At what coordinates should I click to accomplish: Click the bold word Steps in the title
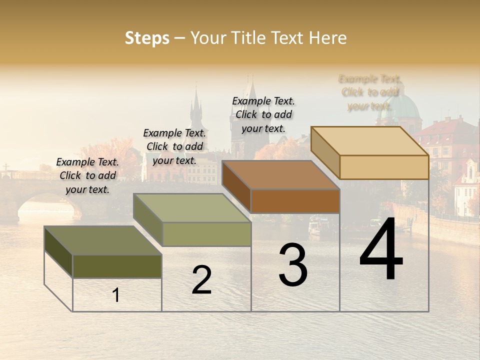147,38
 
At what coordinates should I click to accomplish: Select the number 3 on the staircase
293,265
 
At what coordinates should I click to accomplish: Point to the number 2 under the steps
201,280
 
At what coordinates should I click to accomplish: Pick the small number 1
116,295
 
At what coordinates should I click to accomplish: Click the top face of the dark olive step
103,240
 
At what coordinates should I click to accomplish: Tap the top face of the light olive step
192,208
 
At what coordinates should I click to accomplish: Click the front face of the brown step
295,201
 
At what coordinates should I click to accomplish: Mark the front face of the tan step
384,167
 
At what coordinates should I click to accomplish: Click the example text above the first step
87,175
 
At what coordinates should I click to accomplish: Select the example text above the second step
174,146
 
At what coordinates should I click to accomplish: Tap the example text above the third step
263,114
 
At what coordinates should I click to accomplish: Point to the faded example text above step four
369,92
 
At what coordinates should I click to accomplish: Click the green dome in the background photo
403,107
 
